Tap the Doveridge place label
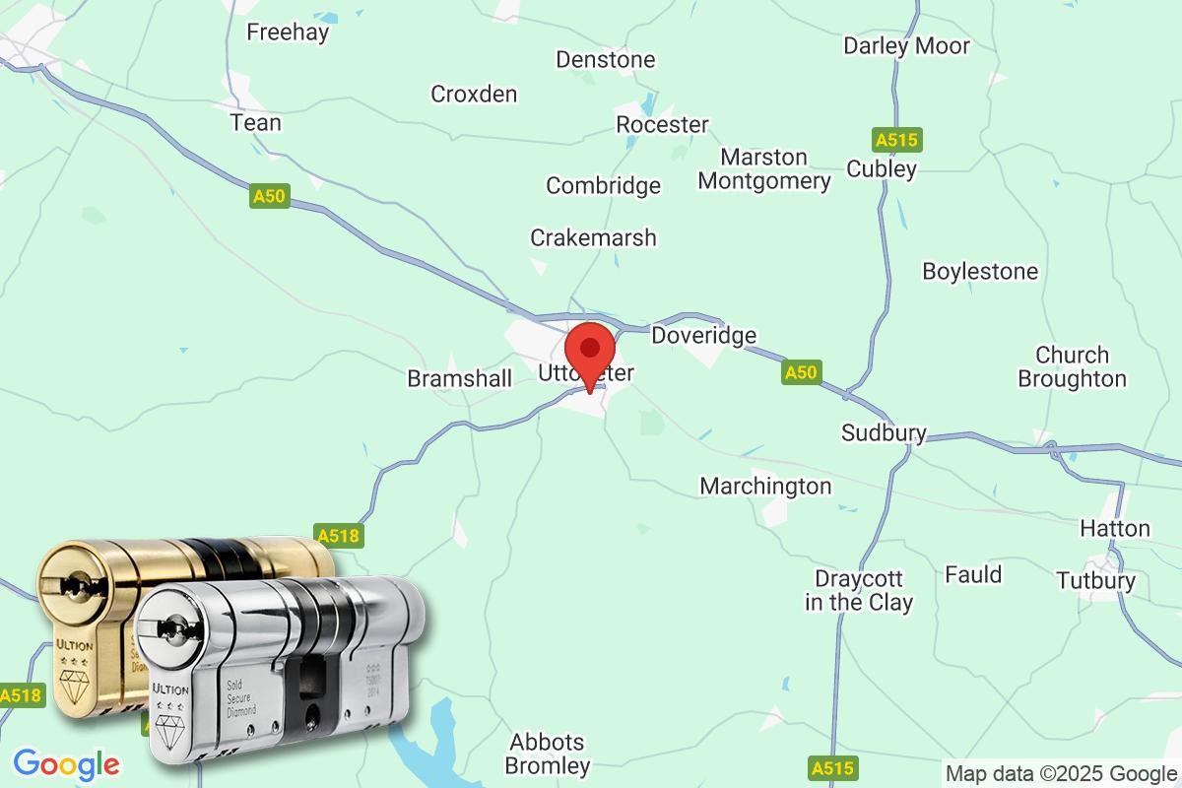pyautogui.click(x=703, y=336)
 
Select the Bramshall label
pyautogui.click(x=460, y=379)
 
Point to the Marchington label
pyautogui.click(x=765, y=487)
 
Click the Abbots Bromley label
pyautogui.click(x=547, y=754)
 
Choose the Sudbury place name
pyautogui.click(x=884, y=433)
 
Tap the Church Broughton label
pyautogui.click(x=1072, y=366)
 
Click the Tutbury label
pyautogui.click(x=1095, y=581)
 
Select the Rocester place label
pyautogui.click(x=662, y=125)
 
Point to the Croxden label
pyautogui.click(x=474, y=95)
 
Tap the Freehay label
pyautogui.click(x=288, y=33)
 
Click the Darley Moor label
pyautogui.click(x=906, y=46)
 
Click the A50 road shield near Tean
pyautogui.click(x=269, y=197)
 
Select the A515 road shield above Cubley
pyautogui.click(x=895, y=140)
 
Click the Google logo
pyautogui.click(x=66, y=764)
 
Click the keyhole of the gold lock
pyautogui.click(x=73, y=585)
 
